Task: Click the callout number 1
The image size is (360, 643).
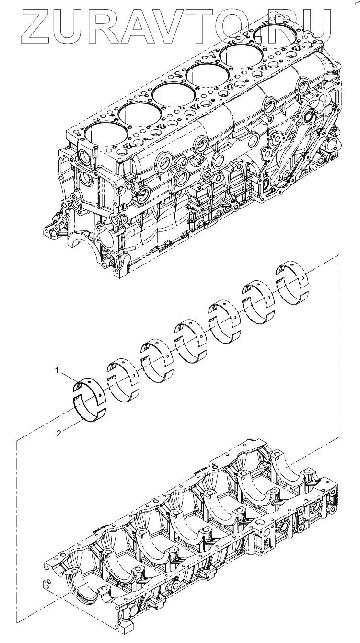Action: click(x=57, y=370)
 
